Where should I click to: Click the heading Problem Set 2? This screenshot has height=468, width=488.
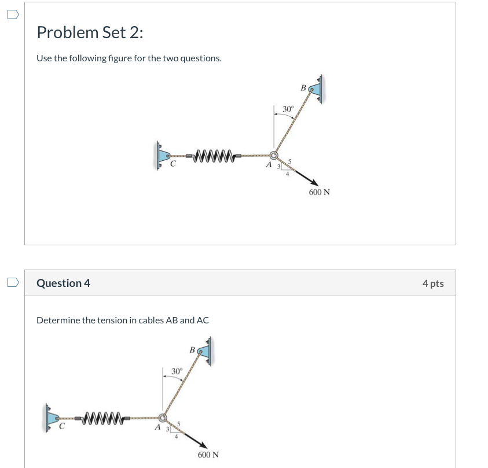(x=90, y=33)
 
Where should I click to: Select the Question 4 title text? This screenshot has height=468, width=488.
(x=63, y=283)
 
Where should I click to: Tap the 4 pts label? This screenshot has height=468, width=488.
(x=432, y=283)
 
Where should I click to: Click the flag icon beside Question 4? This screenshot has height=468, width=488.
(x=13, y=282)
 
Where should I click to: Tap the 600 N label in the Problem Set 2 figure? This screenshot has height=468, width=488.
(x=319, y=192)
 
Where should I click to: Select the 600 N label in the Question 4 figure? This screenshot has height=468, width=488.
(x=208, y=455)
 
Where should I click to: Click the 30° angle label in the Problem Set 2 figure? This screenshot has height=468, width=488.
(x=288, y=109)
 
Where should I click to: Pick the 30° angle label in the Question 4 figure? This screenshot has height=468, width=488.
(x=177, y=371)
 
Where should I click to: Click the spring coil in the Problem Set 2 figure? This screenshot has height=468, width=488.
(x=214, y=155)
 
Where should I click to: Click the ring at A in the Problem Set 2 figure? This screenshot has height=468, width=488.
(x=274, y=155)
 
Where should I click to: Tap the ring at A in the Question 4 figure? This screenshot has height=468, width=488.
(x=163, y=417)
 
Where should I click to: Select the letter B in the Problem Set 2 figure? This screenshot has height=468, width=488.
(x=303, y=87)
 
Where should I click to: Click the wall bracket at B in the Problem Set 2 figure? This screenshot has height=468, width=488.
(x=317, y=88)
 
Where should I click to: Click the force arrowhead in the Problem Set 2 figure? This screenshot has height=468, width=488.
(x=315, y=183)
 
